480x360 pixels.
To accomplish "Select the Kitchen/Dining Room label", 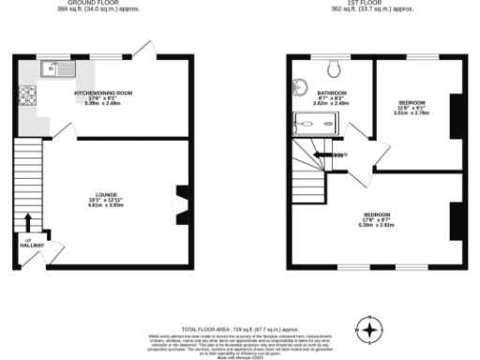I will pyautogui.click(x=103, y=93).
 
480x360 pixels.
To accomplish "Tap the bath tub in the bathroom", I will pyautogui.click(x=316, y=120).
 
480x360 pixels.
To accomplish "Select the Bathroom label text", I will pyautogui.click(x=333, y=93).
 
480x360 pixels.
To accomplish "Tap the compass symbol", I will pyautogui.click(x=371, y=330).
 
